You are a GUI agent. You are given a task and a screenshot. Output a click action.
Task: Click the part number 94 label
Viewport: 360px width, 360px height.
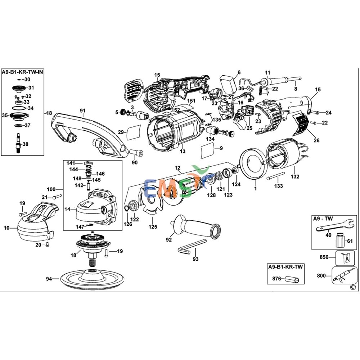[x=49, y=279]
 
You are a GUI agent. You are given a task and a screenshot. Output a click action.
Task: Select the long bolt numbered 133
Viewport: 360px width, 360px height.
[x=278, y=176]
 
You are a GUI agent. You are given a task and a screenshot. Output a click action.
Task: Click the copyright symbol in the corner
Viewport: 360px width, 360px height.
[x=352, y=287]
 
